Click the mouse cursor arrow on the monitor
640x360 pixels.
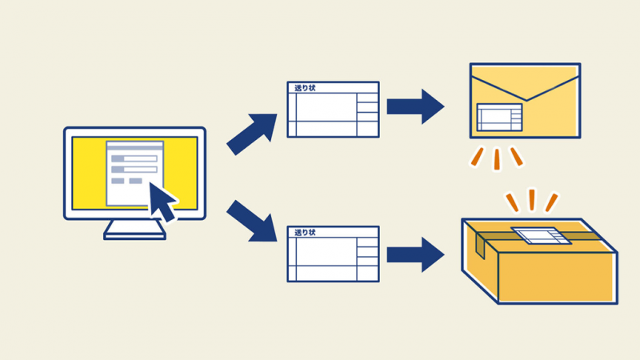[x=162, y=201]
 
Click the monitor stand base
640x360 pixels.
[x=134, y=235]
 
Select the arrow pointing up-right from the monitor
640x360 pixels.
[x=252, y=134]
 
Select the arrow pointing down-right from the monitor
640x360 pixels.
[x=252, y=222]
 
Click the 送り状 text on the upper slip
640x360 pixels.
[x=305, y=88]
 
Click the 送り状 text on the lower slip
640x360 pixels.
[x=305, y=232]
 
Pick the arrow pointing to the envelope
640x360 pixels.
[x=415, y=106]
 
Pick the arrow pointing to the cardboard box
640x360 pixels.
[x=415, y=254]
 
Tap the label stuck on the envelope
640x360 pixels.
[x=499, y=117]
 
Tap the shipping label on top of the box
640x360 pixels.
[x=542, y=235]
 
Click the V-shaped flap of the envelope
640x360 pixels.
[x=526, y=88]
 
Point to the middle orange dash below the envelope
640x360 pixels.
[x=497, y=159]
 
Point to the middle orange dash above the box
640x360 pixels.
[x=532, y=200]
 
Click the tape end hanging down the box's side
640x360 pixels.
[x=480, y=246]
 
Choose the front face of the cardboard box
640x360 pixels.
[x=558, y=278]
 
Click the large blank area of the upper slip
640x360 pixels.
[x=326, y=107]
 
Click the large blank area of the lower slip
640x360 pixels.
[x=326, y=251]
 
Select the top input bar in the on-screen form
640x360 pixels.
[x=134, y=158]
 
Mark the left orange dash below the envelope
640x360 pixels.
[x=478, y=157]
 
